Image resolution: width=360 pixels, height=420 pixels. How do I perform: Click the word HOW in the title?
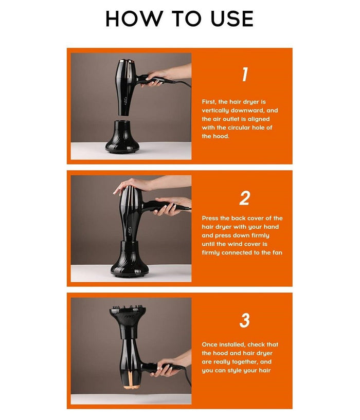pyautogui.click(x=134, y=19)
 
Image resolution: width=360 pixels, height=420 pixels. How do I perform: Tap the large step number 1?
pyautogui.click(x=244, y=74)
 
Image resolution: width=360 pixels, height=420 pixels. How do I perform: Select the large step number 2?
pyautogui.click(x=244, y=198)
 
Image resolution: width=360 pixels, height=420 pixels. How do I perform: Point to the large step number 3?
pyautogui.click(x=244, y=320)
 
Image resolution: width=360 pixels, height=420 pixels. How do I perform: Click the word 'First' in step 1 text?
pyautogui.click(x=209, y=102)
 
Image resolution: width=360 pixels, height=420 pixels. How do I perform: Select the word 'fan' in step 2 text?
pyautogui.click(x=277, y=252)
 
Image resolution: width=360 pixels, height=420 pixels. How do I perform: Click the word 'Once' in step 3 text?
pyautogui.click(x=210, y=344)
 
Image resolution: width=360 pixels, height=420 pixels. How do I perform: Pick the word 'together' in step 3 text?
pyautogui.click(x=243, y=361)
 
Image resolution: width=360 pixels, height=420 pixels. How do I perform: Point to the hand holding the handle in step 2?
pyautogui.click(x=169, y=207)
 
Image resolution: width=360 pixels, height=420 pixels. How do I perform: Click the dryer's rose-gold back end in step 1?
pyautogui.click(x=125, y=62)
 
